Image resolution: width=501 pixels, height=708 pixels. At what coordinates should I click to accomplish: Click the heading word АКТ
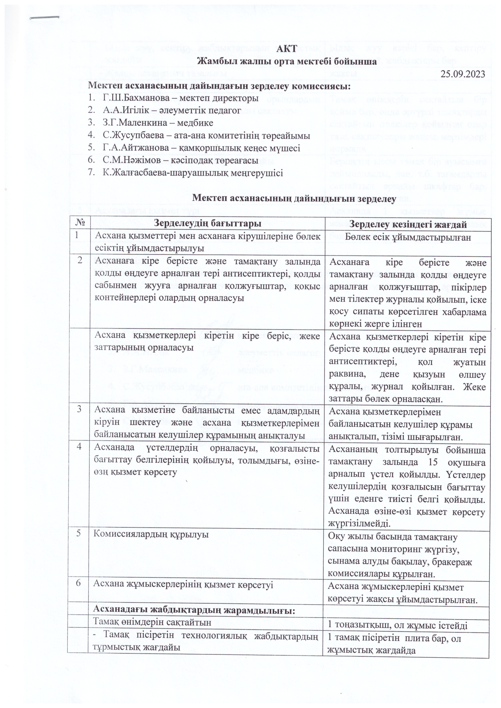pyautogui.click(x=287, y=48)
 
